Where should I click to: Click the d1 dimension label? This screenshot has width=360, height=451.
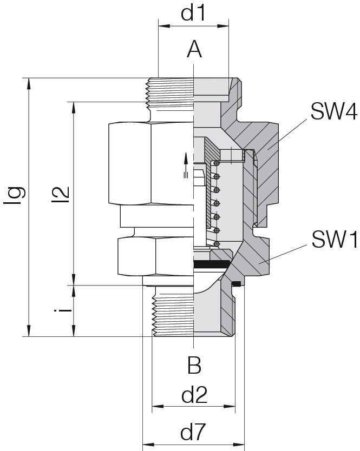193,13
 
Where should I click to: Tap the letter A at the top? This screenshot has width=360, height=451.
194,49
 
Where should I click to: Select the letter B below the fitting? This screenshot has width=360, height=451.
194,365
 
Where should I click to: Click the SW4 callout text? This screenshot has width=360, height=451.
334,111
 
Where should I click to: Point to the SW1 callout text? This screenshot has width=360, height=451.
335,240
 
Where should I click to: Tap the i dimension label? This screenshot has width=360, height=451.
63,311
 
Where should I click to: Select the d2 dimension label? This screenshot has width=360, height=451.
194,395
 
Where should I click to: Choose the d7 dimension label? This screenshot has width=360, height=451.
193,432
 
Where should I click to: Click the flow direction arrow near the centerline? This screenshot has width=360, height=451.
186,165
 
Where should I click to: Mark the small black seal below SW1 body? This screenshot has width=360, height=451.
236,284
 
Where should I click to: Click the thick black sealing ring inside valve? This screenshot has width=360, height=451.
211,263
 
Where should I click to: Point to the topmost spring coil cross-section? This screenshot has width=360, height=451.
217,163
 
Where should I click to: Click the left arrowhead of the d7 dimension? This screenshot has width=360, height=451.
149,445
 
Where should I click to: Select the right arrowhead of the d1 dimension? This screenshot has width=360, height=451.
223,26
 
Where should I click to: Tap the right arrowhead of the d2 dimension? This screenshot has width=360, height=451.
230,407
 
